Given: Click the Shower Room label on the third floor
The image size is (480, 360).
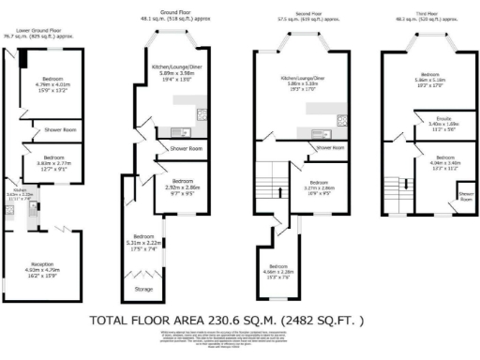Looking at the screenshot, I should click(465, 197).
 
